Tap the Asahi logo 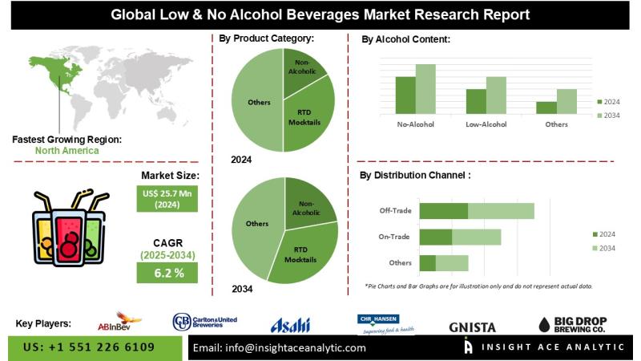289,324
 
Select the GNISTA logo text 473,327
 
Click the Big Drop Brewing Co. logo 571,323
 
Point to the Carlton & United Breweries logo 205,322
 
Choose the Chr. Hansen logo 385,324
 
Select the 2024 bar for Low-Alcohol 476,100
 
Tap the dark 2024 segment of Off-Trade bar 443,211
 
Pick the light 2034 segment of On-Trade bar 476,237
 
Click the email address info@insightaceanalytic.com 280,348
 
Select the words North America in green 67,150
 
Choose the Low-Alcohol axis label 485,124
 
